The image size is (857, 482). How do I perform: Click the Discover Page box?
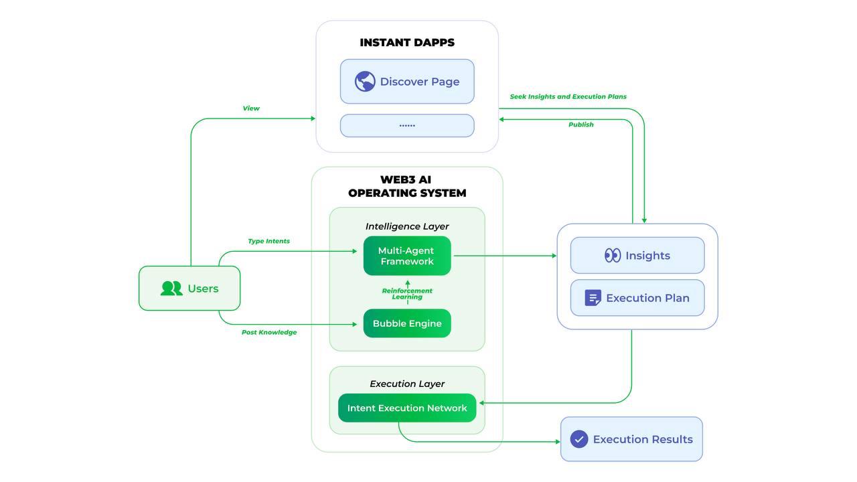point(407,82)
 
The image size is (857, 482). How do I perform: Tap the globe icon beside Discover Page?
point(365,82)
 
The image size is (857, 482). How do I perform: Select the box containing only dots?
point(407,125)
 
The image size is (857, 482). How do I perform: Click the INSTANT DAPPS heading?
point(407,42)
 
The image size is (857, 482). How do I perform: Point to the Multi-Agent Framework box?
point(407,256)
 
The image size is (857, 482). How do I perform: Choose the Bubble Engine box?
point(407,323)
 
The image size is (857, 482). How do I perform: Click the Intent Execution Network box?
point(407,408)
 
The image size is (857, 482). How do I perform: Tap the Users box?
point(189,289)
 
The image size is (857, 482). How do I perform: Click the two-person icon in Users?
point(171,289)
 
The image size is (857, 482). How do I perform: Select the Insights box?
point(637,255)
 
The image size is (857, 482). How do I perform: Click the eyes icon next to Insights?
point(613,255)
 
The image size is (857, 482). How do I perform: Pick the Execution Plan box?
point(637,298)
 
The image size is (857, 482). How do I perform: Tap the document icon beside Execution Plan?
point(593,298)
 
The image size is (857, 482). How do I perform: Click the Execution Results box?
point(631,439)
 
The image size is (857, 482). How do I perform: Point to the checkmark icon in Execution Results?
point(579,439)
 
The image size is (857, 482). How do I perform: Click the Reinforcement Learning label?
point(407,294)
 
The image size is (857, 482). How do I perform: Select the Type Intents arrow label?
point(268,241)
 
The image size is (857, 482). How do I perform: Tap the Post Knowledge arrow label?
point(269,332)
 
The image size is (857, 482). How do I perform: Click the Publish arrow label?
point(580,125)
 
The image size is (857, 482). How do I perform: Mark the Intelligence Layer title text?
point(407,226)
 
